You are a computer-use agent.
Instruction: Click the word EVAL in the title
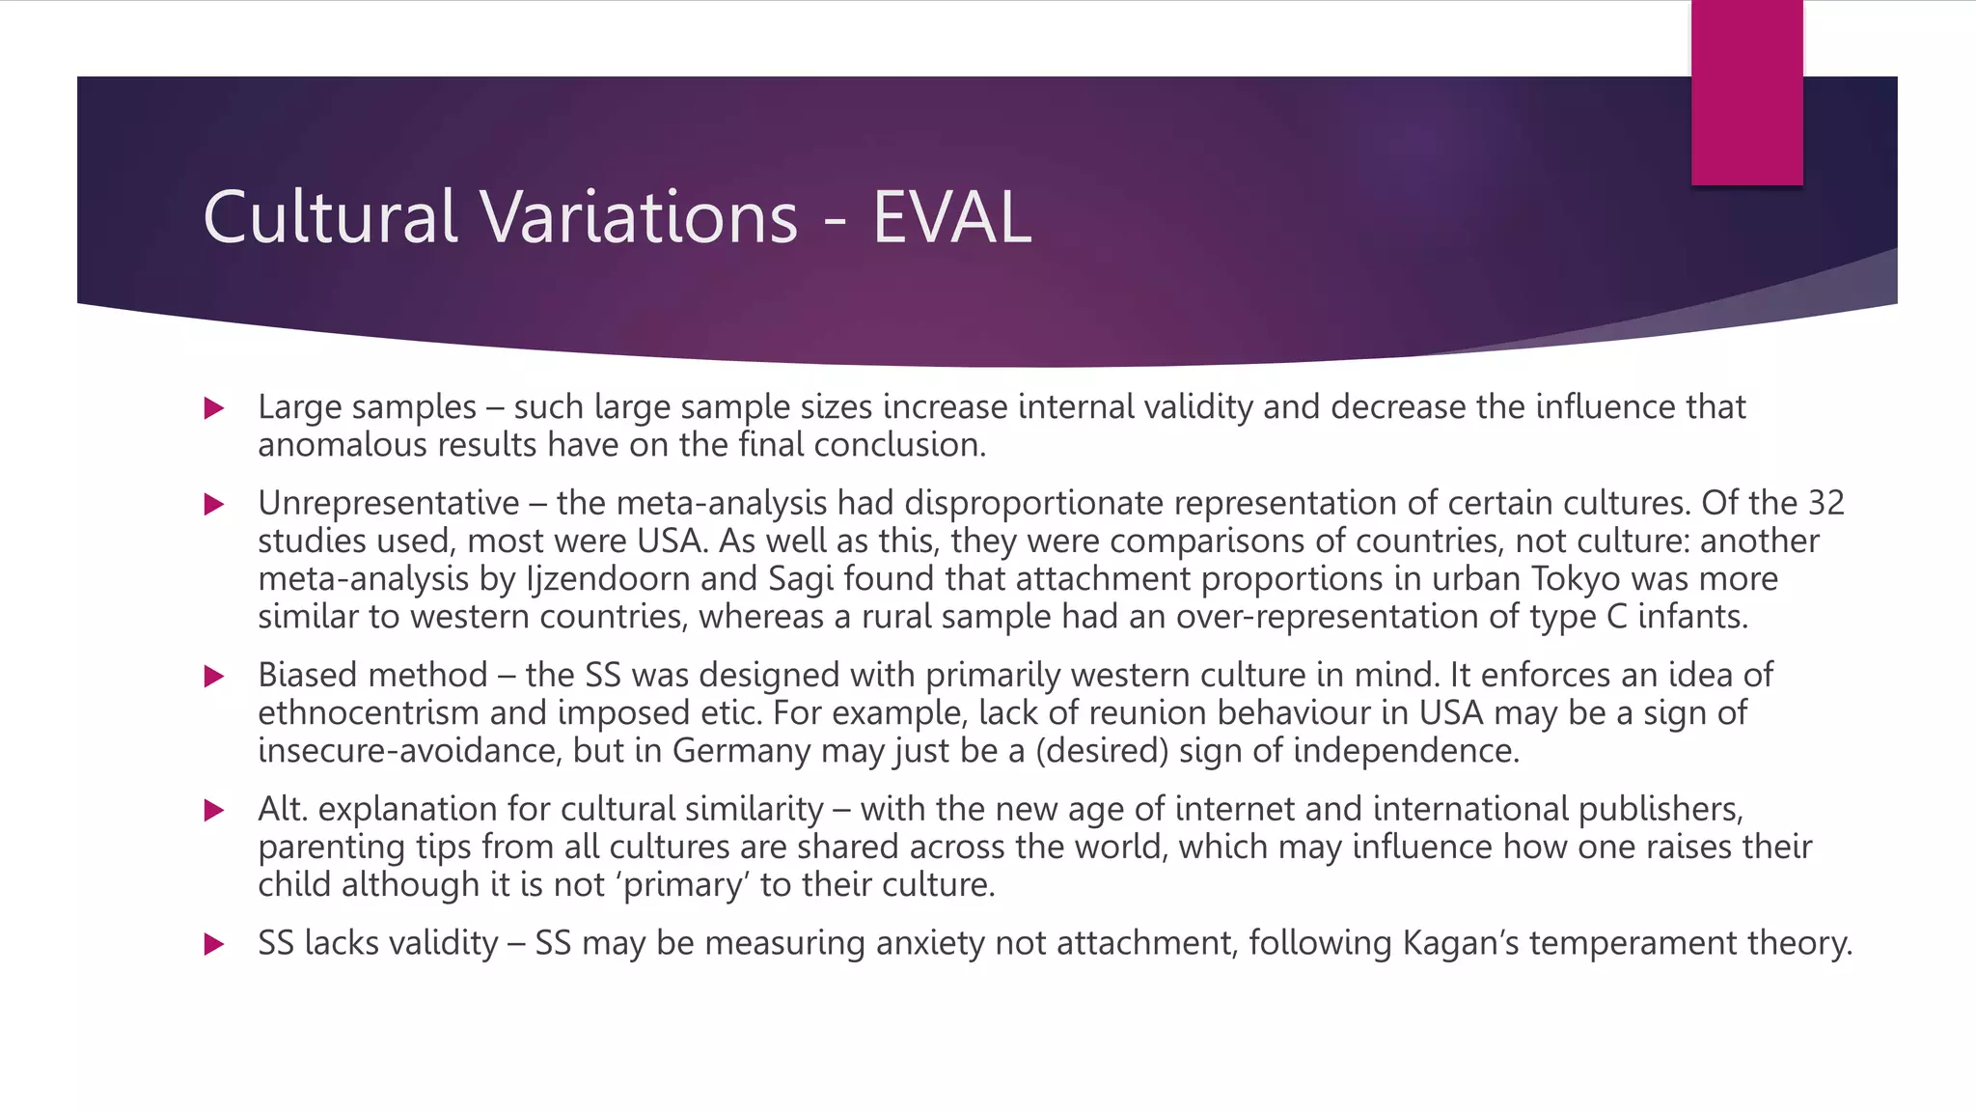click(951, 217)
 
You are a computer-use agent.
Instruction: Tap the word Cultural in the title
click(329, 217)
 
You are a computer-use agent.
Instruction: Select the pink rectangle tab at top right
click(1746, 93)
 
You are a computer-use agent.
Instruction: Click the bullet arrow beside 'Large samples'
click(214, 408)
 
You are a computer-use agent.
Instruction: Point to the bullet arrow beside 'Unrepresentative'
click(214, 504)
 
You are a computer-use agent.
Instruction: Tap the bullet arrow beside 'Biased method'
click(214, 676)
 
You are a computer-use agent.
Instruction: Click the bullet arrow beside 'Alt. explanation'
click(214, 810)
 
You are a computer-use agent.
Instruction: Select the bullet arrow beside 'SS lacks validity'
click(214, 944)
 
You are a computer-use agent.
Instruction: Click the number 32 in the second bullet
click(1825, 503)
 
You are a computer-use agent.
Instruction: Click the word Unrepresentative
click(388, 503)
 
